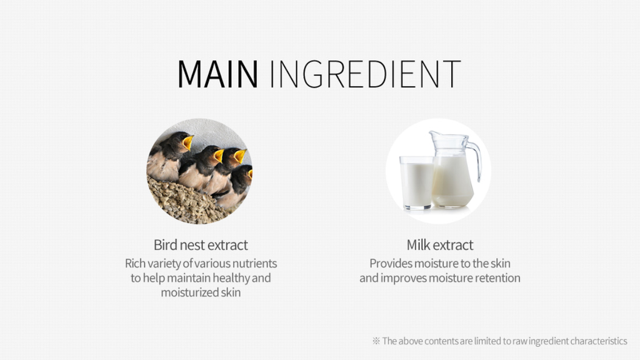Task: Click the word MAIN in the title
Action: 217,74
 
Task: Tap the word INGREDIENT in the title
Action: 365,74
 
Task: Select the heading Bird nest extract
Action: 201,245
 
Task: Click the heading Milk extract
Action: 439,245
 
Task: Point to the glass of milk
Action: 416,182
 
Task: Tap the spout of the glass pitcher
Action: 434,134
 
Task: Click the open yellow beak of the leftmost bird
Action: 187,142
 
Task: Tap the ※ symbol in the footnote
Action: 376,341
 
